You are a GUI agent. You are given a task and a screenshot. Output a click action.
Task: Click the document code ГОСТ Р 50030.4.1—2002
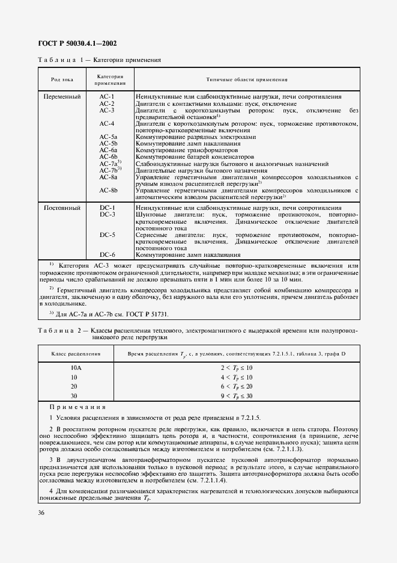coord(77,44)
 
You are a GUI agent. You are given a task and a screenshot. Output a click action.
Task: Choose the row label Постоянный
coord(60,224)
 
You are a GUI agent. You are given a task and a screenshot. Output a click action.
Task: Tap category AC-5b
coord(108,144)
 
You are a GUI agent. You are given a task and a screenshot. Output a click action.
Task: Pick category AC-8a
coord(108,177)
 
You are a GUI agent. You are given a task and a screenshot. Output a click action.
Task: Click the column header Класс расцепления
coord(76,354)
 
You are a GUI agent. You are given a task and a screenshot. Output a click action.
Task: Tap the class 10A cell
coord(76,368)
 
